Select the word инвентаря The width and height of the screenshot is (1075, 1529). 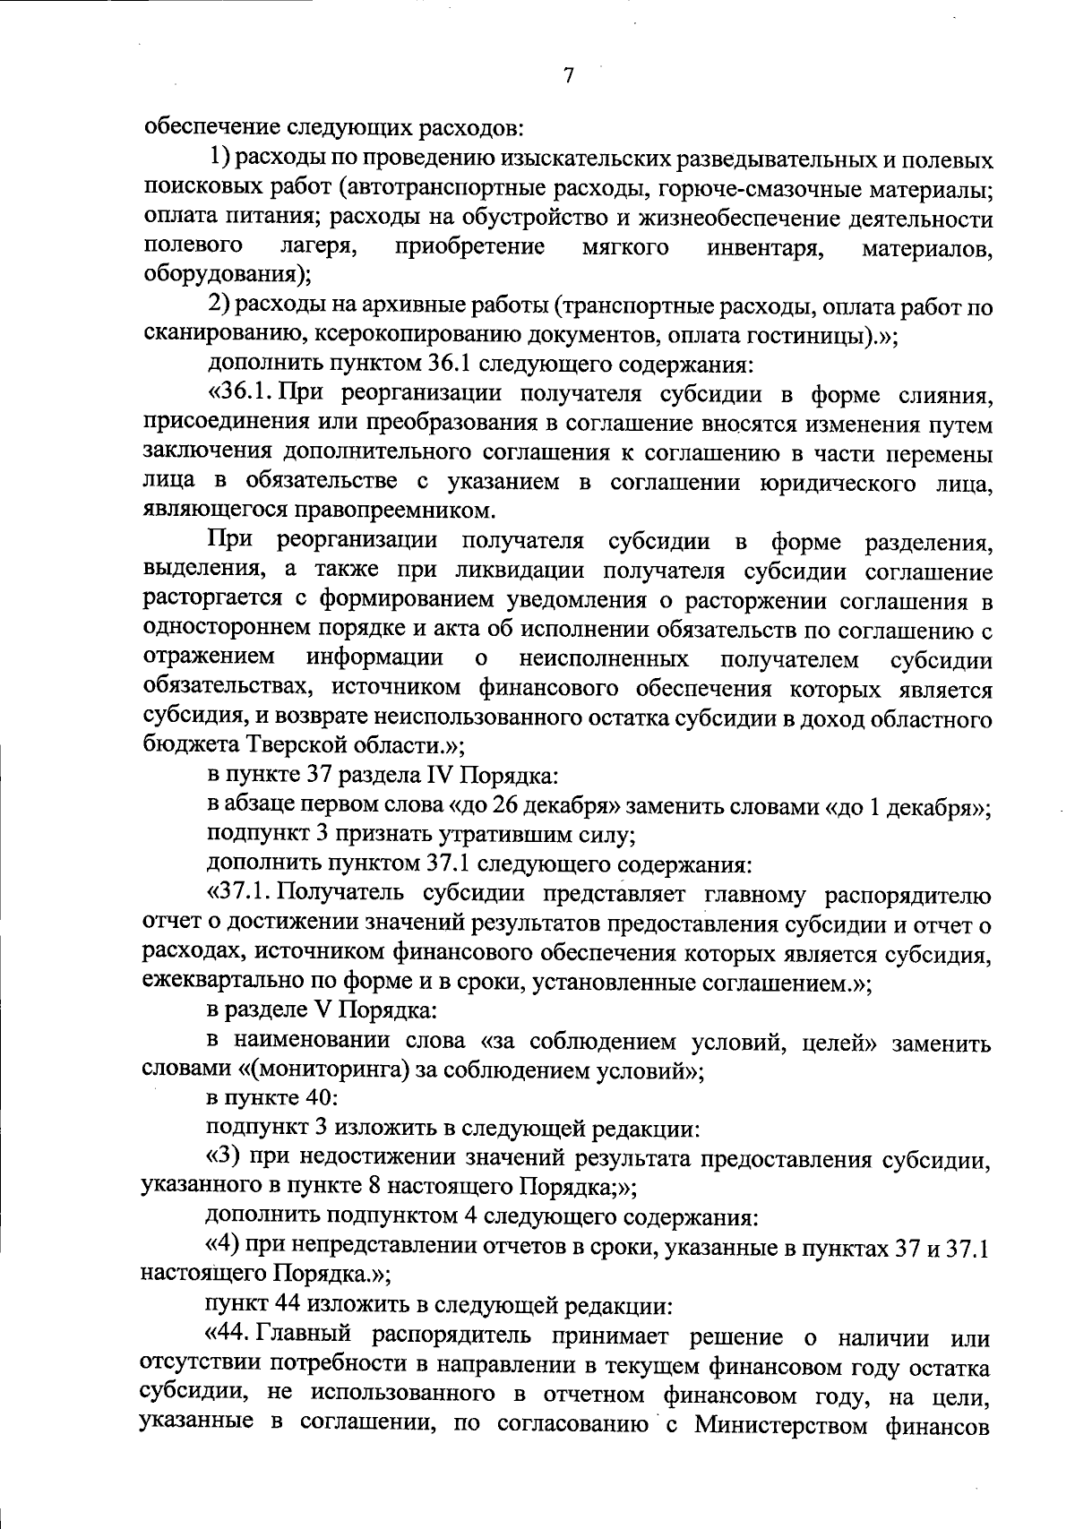pyautogui.click(x=766, y=248)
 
